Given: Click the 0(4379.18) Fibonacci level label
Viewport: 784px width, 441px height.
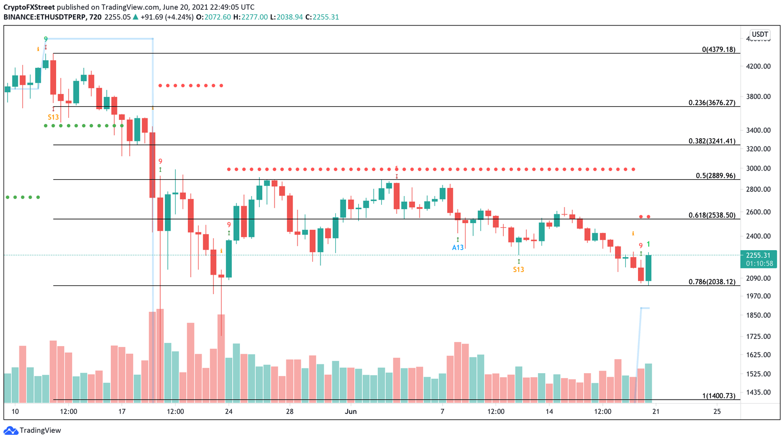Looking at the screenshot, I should (718, 50).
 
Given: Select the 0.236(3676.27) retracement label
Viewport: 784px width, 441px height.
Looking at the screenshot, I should (712, 103).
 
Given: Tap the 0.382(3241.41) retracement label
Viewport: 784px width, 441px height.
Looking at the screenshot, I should (712, 141).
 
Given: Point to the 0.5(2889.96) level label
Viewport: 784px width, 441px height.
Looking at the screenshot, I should (716, 176).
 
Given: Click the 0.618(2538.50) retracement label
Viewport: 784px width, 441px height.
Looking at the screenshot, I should (712, 215).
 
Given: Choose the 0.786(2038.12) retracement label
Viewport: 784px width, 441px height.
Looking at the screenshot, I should (712, 282).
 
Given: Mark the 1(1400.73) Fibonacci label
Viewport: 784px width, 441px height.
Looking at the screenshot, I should (719, 396).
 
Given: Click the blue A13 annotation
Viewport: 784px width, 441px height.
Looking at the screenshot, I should (458, 248).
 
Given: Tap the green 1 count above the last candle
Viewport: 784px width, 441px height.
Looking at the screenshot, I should (648, 244).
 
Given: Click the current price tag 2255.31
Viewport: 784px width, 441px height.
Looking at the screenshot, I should (759, 256).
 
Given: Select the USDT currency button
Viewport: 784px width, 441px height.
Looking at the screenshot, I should (759, 35).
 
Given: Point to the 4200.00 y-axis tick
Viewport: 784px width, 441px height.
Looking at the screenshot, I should (758, 66).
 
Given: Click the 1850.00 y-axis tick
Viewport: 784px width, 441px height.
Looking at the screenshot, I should (758, 315).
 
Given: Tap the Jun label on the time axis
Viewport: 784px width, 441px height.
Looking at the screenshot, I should (351, 411).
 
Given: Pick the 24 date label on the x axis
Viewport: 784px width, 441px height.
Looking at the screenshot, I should (229, 411).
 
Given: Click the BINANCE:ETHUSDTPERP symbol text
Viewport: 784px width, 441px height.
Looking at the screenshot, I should (45, 17).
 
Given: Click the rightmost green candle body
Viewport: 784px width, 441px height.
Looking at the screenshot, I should (648, 268).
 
